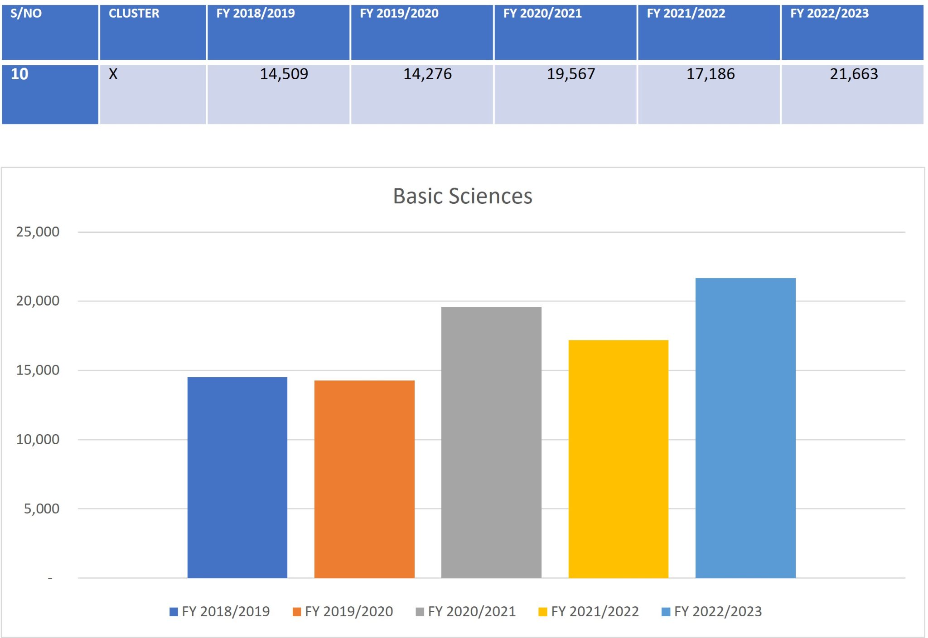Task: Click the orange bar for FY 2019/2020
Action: (x=364, y=479)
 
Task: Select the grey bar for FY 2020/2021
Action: (x=491, y=442)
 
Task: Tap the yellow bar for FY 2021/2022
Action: (x=619, y=459)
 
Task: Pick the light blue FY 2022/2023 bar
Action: (x=745, y=428)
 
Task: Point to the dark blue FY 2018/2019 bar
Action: (x=237, y=478)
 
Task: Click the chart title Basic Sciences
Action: (x=463, y=196)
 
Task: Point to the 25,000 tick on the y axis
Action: (x=38, y=232)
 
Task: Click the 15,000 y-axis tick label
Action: (x=38, y=370)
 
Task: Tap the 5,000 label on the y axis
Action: (x=42, y=508)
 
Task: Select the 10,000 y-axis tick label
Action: (x=38, y=439)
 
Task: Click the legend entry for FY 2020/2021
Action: (x=466, y=612)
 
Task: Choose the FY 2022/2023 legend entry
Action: (x=712, y=612)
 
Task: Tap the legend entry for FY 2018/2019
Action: (x=220, y=612)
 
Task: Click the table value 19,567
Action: (x=571, y=74)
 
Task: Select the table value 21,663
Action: (x=854, y=74)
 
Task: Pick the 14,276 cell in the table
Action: (x=427, y=74)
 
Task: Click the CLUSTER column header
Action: (x=134, y=14)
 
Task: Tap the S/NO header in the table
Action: (x=26, y=14)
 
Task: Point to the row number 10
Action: (x=19, y=74)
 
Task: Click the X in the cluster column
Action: (x=113, y=74)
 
